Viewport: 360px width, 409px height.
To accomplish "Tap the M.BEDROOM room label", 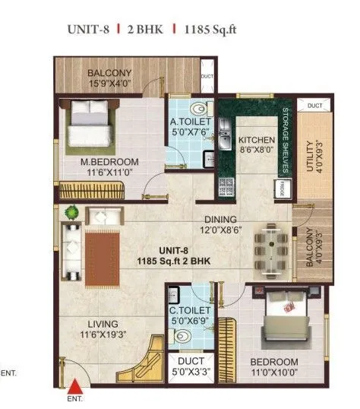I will (110, 162).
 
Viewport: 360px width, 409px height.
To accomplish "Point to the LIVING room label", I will (103, 322).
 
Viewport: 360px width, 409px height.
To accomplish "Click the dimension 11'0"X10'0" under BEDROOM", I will (276, 374).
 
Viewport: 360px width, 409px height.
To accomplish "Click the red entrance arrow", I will (75, 388).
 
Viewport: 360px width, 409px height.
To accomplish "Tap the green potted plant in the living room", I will (71, 211).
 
